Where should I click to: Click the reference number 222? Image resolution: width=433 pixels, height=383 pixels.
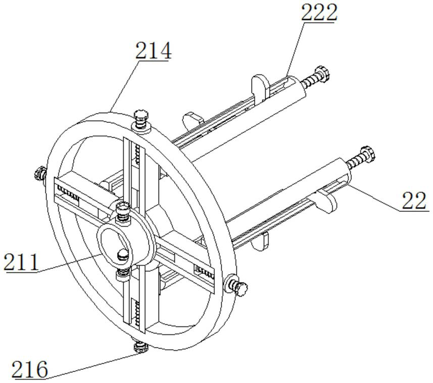pos(319,13)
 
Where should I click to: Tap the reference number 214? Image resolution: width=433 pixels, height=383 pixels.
pos(153,51)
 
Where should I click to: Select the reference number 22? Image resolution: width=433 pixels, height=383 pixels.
pos(414,201)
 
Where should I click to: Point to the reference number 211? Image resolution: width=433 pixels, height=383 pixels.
pos(21,262)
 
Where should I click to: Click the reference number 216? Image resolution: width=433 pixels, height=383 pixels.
pos(29,369)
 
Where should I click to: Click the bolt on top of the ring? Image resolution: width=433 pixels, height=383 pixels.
pos(141,120)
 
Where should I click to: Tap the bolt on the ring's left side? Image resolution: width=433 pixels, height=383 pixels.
pos(40,174)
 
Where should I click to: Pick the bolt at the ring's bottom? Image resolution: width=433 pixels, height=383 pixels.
pos(140,346)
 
